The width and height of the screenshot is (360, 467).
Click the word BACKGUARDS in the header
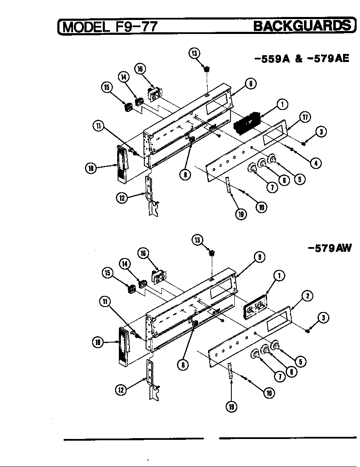coord(302,26)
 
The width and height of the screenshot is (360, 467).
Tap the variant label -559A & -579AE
coord(301,59)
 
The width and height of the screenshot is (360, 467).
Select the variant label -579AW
coord(330,248)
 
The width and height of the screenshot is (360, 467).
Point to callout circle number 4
coord(315,162)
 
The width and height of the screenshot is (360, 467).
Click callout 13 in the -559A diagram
coord(194,53)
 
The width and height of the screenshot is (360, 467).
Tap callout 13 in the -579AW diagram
coord(197,240)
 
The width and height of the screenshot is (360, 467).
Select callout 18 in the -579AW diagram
coord(98,342)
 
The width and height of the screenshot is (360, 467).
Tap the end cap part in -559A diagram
coord(122,163)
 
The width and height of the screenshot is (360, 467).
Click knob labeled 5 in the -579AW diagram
coord(275,346)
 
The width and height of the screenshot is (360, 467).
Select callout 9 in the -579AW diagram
coord(259,257)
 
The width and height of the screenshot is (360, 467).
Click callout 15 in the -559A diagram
coord(107,87)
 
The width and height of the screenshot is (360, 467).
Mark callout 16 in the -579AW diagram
coord(143,253)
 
